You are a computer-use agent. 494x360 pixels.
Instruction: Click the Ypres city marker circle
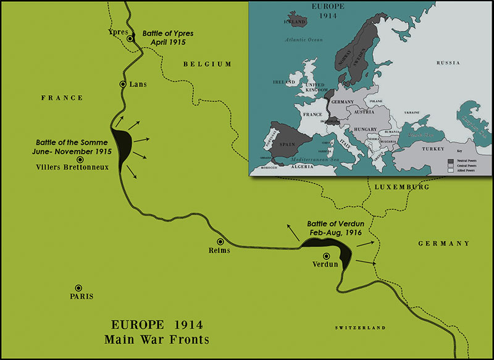130,39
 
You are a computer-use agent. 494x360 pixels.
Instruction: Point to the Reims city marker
220,241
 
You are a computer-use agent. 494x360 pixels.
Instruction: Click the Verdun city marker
327,256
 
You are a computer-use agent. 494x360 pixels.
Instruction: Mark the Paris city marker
78,288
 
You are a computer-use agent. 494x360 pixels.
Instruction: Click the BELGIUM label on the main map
207,64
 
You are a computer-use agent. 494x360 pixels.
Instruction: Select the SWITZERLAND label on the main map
360,327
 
